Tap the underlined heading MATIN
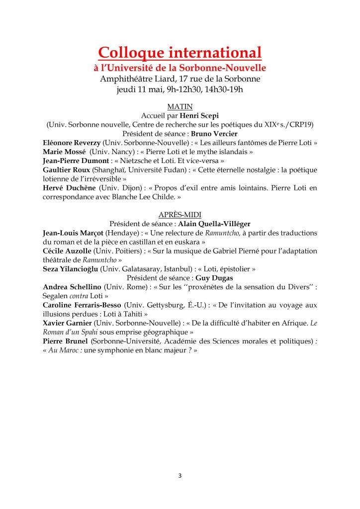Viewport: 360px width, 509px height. (x=180, y=106)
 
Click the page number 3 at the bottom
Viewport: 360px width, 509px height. (x=180, y=476)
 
